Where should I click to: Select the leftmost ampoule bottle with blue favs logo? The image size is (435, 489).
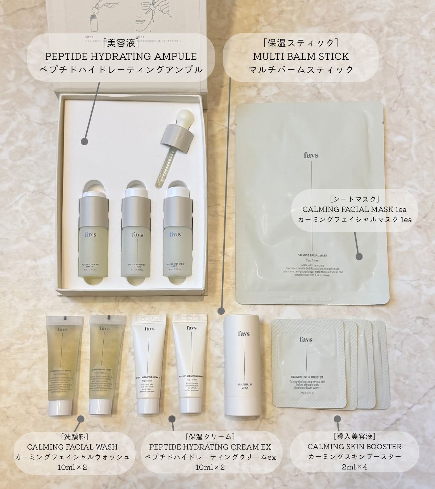[93, 239]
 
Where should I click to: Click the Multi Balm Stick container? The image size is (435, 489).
[242, 366]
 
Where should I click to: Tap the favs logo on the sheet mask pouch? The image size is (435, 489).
[312, 155]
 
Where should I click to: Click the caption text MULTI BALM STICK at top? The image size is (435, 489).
[301, 57]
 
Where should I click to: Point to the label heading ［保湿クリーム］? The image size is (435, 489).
[210, 436]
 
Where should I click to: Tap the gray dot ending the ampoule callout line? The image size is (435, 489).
[85, 141]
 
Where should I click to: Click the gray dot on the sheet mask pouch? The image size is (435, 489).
[359, 256]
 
